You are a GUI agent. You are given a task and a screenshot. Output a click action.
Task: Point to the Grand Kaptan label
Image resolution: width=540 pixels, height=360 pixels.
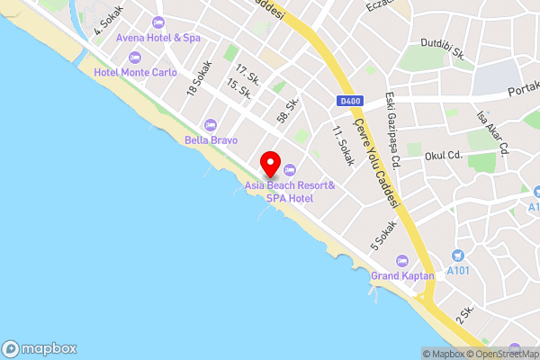click(x=402, y=275)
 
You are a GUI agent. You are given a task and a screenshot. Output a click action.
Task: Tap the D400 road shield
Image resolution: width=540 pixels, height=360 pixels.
click(x=351, y=101)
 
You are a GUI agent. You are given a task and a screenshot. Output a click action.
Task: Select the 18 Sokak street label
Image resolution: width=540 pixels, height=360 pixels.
click(x=198, y=78)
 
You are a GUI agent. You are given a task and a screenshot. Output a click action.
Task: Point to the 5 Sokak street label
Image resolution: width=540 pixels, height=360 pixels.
click(x=383, y=237)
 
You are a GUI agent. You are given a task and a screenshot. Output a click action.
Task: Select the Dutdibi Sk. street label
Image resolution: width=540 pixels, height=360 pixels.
click(x=442, y=48)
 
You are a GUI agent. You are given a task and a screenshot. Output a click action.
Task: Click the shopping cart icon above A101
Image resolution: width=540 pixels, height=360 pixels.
click(x=457, y=256)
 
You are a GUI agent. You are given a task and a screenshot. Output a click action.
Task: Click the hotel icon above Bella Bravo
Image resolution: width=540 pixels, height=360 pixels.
click(x=211, y=124)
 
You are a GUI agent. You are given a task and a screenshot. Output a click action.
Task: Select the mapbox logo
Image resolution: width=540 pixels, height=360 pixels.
click(x=40, y=349)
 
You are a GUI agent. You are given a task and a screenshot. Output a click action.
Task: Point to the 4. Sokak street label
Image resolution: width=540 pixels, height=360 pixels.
click(x=109, y=20)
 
